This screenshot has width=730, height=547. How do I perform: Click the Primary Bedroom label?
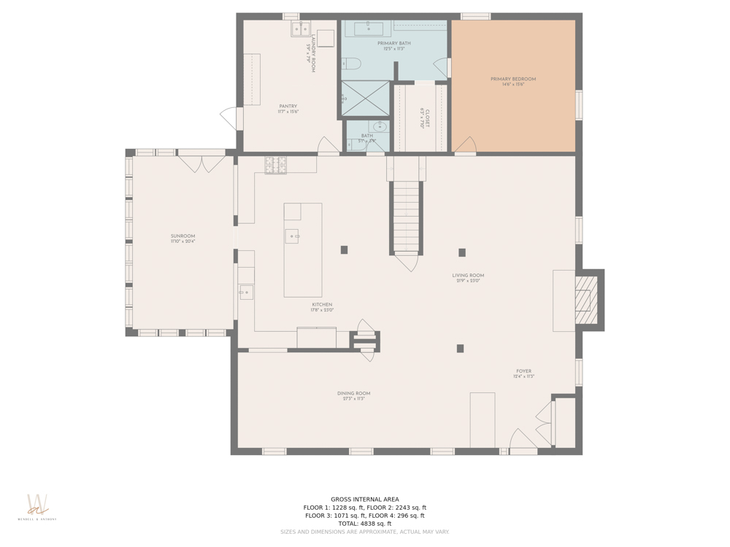click(513, 79)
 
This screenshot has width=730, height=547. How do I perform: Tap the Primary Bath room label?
click(394, 44)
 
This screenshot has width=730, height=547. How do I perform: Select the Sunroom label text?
click(182, 236)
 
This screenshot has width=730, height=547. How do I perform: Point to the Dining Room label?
click(353, 394)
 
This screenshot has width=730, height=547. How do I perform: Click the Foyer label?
click(524, 371)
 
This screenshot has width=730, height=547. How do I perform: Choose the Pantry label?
click(288, 106)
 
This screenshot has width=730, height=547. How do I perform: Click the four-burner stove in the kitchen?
click(275, 165)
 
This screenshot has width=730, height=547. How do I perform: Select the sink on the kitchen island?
click(292, 236)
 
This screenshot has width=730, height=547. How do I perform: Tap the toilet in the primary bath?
click(351, 64)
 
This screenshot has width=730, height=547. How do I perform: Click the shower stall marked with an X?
click(366, 98)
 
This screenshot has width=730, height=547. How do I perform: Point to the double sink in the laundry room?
click(300, 29)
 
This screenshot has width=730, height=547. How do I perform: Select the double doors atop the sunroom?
click(201, 161)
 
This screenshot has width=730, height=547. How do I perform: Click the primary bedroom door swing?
click(464, 145)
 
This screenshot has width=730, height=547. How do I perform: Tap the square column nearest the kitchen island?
click(344, 250)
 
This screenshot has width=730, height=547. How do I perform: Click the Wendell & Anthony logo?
click(36, 508)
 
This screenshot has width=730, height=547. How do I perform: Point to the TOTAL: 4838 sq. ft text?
click(364, 524)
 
